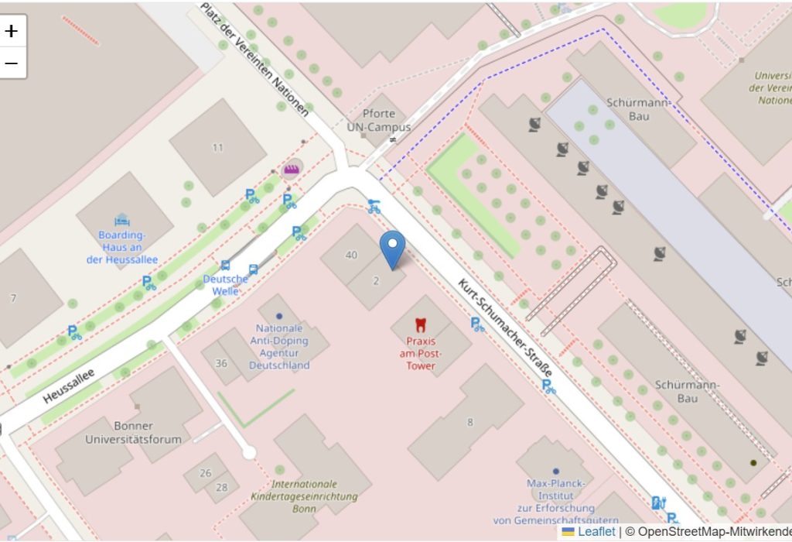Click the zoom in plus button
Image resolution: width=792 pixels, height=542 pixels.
[12, 32]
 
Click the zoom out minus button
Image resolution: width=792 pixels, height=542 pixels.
[12, 63]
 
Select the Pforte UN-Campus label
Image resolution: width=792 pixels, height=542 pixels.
[378, 121]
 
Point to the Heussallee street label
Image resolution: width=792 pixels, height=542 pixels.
[69, 386]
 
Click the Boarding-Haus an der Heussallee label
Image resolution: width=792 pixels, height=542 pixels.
[122, 247]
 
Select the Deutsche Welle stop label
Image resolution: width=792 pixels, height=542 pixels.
[225, 284]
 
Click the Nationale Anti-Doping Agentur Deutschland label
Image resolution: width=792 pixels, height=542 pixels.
[279, 346]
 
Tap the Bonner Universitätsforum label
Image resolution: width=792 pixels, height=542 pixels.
[133, 432]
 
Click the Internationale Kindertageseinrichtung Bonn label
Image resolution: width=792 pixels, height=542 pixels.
[304, 496]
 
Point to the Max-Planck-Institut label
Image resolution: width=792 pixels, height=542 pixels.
[555, 496]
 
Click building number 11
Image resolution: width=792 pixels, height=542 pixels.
[217, 147]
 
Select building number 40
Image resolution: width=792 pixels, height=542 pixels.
[351, 255]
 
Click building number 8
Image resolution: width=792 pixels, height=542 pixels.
[469, 422]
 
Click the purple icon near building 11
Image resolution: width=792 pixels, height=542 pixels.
[292, 169]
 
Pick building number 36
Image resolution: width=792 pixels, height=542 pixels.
[221, 363]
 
